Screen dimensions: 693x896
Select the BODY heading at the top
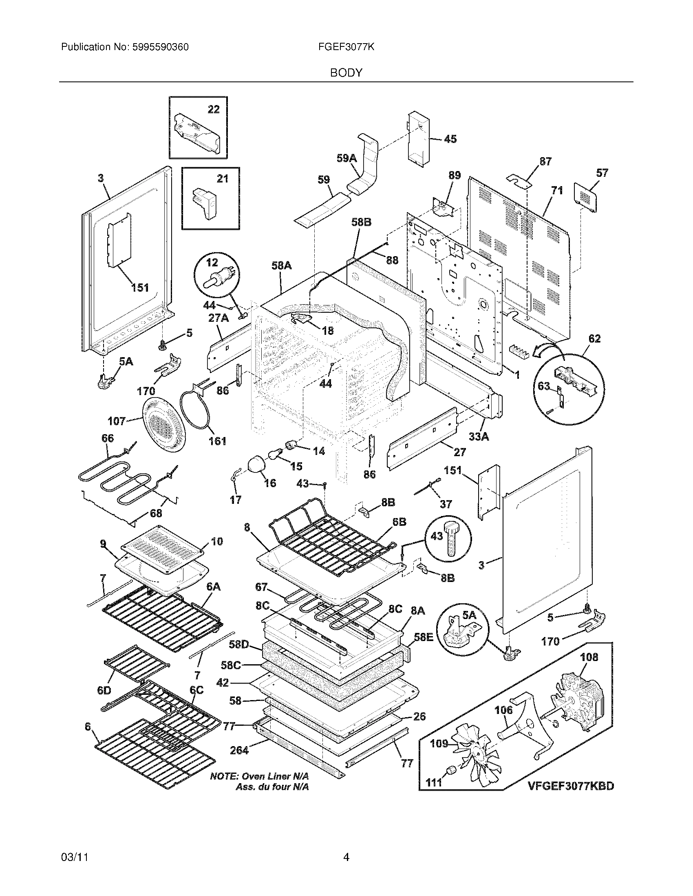click(346, 72)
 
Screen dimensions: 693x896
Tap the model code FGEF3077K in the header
click(346, 47)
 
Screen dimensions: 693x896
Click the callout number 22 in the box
click(214, 109)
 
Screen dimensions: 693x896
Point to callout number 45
click(450, 139)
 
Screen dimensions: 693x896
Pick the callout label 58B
click(362, 222)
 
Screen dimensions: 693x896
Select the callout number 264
click(239, 750)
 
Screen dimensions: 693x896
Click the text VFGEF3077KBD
click(571, 786)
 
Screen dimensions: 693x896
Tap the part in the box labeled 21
click(205, 204)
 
